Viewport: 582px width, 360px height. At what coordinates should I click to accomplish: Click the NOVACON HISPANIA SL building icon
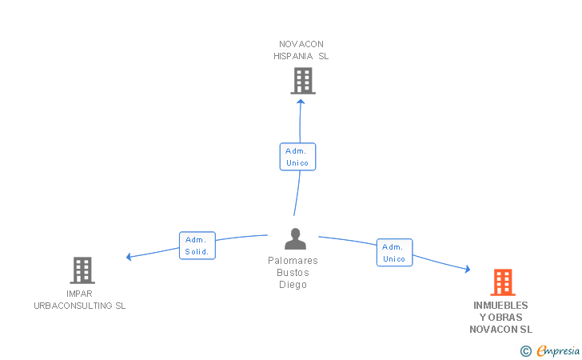[303, 81]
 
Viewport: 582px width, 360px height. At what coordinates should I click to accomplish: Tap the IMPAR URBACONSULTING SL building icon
[82, 270]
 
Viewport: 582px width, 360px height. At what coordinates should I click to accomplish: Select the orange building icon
[503, 282]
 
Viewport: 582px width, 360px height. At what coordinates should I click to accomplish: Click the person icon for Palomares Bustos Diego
[296, 238]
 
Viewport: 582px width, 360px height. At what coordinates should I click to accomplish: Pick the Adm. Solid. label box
[197, 246]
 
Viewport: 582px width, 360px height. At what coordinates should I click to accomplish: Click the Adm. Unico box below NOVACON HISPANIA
[297, 157]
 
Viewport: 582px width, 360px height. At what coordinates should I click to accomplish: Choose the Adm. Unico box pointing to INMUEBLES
[395, 253]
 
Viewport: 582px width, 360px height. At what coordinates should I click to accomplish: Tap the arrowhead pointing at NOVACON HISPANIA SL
[301, 102]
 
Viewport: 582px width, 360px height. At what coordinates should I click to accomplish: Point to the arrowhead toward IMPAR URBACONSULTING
[129, 257]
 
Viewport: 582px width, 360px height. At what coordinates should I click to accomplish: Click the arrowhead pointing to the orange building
[468, 269]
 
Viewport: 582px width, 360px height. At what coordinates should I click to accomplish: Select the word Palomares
[293, 261]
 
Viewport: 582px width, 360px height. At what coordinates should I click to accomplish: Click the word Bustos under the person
[293, 273]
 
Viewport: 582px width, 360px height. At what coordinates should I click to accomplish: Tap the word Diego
[293, 285]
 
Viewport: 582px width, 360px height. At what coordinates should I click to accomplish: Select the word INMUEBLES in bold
[500, 306]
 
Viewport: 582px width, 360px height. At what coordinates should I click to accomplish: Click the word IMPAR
[79, 294]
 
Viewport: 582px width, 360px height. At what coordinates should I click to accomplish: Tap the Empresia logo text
[558, 350]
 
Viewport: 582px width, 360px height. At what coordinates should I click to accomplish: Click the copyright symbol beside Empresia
[526, 351]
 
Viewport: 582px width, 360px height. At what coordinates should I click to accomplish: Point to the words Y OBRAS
[500, 318]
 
